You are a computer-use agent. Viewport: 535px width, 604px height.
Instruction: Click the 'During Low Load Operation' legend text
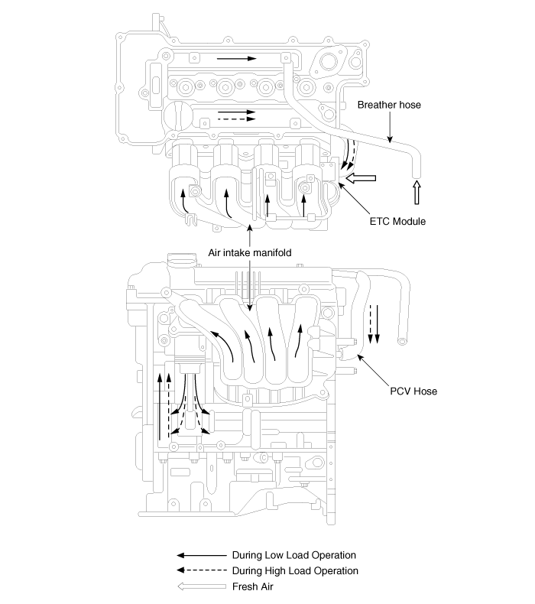294,554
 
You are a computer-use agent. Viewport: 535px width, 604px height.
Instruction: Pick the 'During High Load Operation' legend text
295,570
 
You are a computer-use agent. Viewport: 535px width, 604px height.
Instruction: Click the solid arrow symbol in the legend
201,554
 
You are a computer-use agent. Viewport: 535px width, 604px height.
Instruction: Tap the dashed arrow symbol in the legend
201,570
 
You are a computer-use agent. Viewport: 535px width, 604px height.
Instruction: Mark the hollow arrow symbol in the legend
201,586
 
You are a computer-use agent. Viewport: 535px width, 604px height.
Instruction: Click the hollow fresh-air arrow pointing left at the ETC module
362,178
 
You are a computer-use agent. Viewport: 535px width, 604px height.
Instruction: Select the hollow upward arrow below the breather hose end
417,193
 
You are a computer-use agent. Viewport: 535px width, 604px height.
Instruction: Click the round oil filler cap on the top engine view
175,117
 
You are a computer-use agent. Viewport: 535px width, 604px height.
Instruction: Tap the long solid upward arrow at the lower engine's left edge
160,405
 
